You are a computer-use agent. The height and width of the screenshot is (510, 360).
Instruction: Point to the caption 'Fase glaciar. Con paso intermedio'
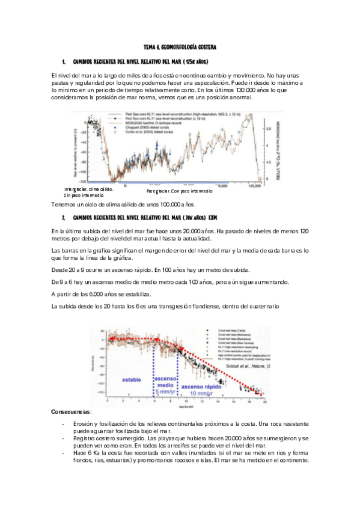179,191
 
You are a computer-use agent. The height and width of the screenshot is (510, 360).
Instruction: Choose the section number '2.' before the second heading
63,216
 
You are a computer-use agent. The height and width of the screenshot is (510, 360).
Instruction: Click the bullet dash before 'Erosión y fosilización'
63,424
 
